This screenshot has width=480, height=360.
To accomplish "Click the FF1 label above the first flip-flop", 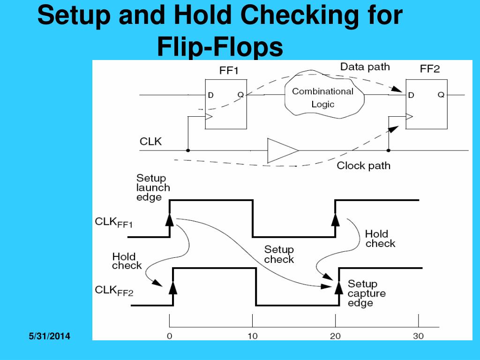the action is (229, 71).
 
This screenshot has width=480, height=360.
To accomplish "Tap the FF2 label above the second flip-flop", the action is (429, 69).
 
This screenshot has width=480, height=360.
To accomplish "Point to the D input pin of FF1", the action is (210, 95).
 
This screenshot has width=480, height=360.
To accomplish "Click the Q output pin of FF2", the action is (441, 95).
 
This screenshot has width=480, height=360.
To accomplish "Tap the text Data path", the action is (365, 67).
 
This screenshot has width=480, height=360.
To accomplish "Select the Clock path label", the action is (363, 165).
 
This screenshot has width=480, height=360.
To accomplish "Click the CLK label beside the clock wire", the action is (150, 142).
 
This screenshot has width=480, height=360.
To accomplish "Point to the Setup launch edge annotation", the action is (153, 187).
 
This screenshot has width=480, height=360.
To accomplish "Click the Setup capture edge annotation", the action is (367, 293).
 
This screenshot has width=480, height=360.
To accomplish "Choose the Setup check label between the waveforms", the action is (279, 255).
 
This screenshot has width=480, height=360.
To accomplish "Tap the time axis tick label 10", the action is (253, 336).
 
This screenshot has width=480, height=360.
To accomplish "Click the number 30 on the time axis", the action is (418, 336).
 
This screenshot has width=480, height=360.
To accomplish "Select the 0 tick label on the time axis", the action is (169, 336).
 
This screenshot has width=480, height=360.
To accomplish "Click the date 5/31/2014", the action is (49, 336).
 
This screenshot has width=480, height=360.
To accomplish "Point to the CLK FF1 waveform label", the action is (113, 222).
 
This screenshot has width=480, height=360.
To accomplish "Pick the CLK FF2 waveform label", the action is (114, 291).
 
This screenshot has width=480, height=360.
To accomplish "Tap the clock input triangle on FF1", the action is (209, 117).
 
